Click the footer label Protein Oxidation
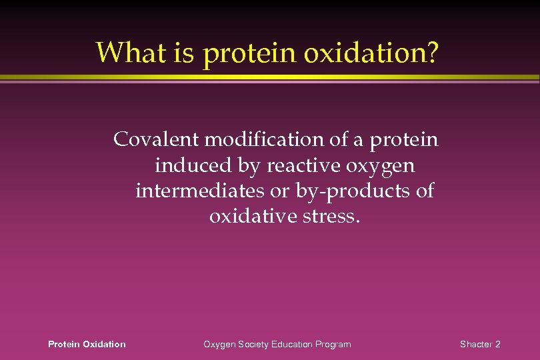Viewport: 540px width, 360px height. click(87, 344)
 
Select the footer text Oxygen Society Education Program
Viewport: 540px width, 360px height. click(277, 344)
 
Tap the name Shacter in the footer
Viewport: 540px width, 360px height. click(475, 344)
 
